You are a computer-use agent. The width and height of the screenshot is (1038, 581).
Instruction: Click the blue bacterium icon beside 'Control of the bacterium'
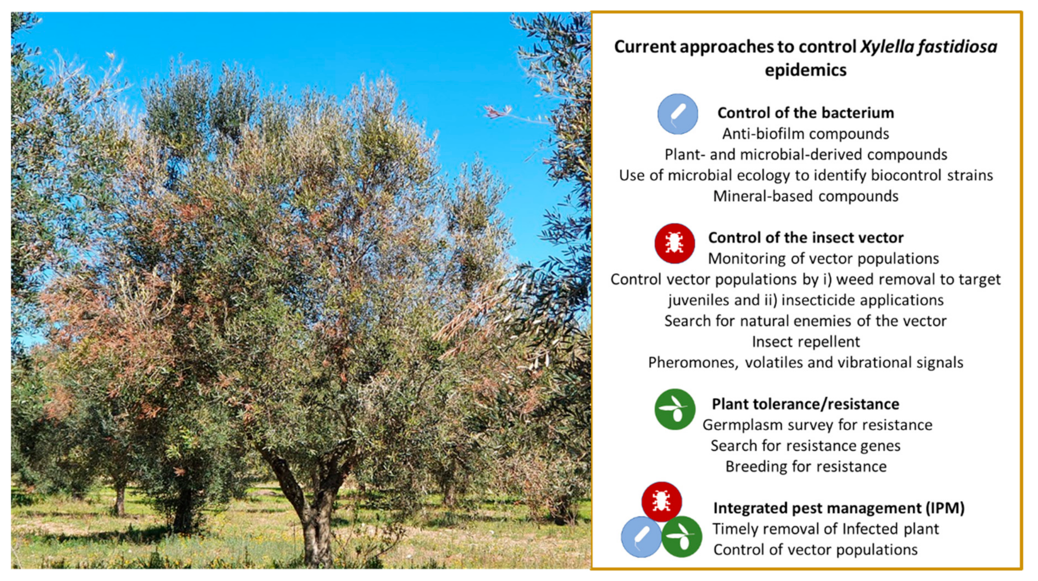coord(678,114)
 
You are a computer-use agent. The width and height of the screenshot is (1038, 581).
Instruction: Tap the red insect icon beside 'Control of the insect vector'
coord(674,244)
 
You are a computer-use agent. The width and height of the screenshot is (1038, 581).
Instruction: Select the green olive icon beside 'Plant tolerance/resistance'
coord(675,409)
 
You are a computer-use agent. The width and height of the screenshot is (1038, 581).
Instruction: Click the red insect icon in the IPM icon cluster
coord(661,502)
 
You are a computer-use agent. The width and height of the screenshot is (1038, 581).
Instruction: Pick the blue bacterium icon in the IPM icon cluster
coord(641,537)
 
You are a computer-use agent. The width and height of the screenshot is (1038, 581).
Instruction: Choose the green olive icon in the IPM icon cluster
coord(682,537)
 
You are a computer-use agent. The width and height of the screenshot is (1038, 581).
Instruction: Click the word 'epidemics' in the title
coord(805,70)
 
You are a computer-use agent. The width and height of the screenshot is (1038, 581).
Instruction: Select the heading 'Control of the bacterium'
coord(805,113)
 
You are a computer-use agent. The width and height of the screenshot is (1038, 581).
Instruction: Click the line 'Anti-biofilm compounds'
coord(805,134)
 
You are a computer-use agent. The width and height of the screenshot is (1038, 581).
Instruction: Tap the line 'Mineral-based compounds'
coord(805,196)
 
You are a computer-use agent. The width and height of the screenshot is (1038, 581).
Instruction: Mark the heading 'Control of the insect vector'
coord(805,237)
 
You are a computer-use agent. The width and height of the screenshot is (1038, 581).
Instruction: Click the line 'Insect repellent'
coord(805,342)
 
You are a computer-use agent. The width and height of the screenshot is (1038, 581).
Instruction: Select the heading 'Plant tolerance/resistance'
coord(805,404)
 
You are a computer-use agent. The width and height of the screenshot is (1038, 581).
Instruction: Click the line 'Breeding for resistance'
coord(805,466)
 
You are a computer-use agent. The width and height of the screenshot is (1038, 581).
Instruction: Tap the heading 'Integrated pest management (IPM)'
coord(839,508)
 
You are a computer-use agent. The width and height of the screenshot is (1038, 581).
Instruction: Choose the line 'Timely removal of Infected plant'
coord(826,529)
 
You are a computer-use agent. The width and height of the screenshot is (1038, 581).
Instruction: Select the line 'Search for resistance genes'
coord(805,446)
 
